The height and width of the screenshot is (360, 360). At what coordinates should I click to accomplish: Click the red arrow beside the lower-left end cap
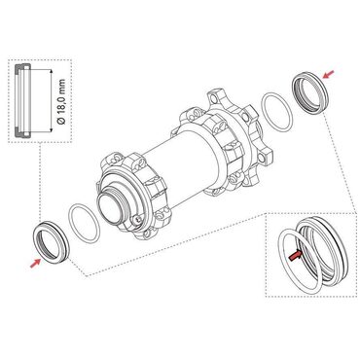click(34, 260)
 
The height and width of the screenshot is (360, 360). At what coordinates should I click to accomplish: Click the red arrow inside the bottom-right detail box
click(293, 256)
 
